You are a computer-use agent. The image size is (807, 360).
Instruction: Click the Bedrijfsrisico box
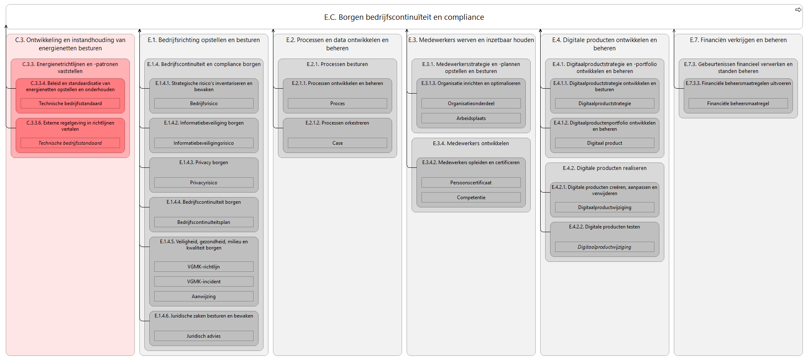point(204,104)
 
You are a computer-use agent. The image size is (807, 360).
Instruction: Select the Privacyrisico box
point(204,183)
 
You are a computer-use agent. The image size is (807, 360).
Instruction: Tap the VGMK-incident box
point(204,282)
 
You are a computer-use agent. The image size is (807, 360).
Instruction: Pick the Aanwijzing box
point(204,296)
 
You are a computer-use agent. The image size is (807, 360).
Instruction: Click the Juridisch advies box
point(204,336)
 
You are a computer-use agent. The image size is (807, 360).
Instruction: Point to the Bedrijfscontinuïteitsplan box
point(204,222)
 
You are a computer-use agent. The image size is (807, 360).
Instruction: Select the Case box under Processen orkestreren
point(337,143)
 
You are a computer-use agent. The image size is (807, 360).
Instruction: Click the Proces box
point(337,104)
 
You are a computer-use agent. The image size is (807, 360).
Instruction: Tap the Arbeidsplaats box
point(471,118)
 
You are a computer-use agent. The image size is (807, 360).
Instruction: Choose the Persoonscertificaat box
point(471,183)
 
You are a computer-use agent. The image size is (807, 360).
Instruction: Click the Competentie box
point(471,198)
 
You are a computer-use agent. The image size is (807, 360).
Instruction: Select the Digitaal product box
point(605,143)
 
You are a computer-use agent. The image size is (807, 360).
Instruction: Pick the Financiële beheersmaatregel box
point(738,104)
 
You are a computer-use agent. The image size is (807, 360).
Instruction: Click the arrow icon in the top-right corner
point(798,10)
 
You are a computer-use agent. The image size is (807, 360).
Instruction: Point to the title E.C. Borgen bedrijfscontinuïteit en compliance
point(404,17)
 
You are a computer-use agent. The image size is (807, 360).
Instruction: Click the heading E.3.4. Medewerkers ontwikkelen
point(471,144)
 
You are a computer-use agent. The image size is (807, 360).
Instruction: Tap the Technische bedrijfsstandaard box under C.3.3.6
point(70,143)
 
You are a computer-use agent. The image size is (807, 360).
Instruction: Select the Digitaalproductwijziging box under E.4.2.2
point(605,247)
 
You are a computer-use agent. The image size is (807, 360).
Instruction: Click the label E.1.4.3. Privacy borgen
point(204,162)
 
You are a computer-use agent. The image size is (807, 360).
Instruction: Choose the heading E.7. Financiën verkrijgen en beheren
point(738,40)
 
